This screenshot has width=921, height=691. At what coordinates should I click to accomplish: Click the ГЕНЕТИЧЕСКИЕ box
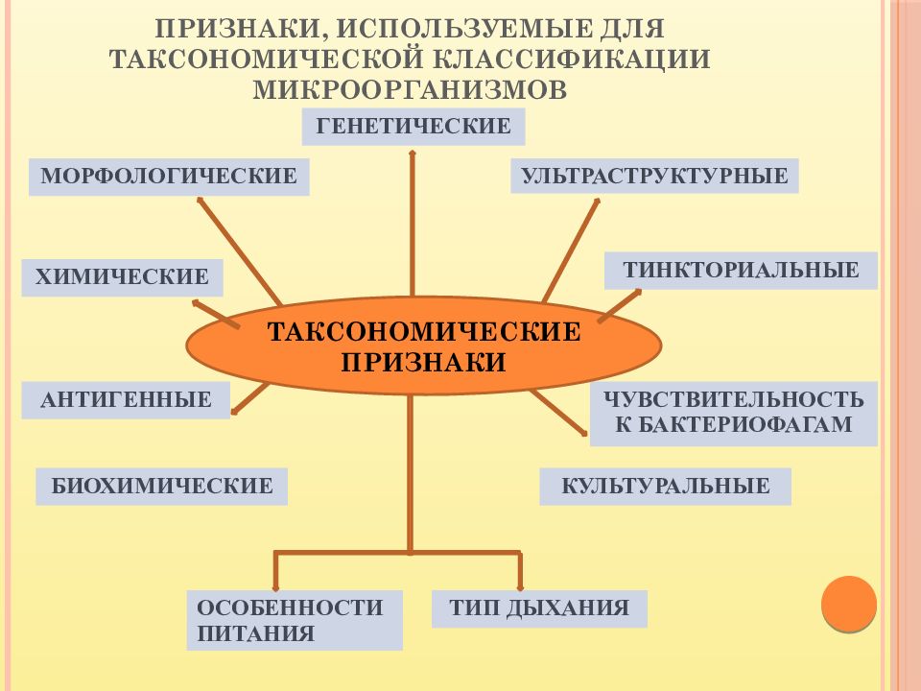[413, 127]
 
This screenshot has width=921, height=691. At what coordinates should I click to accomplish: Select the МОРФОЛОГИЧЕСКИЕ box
[169, 177]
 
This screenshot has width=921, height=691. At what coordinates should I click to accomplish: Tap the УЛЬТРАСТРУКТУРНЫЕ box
[654, 176]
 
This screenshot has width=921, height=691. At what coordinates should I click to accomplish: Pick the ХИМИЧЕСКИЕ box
[122, 277]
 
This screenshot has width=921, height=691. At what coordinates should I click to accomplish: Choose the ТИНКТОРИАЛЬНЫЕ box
[741, 271]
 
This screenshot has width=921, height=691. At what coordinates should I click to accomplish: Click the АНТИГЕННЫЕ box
[126, 400]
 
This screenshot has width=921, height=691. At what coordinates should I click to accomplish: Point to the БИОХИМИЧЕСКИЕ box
[161, 487]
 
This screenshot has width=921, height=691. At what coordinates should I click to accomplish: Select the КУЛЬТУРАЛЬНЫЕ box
[666, 487]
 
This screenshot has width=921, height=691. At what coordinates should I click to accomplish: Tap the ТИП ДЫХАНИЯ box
[539, 608]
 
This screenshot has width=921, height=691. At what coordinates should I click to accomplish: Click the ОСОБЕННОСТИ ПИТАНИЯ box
[295, 620]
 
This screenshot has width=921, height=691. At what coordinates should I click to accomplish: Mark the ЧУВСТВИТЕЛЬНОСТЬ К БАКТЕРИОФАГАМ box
[734, 413]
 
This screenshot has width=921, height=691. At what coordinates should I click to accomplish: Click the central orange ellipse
[424, 346]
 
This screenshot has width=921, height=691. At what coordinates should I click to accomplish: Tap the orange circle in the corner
[849, 604]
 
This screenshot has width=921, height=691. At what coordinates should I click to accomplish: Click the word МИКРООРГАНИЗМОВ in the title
[410, 90]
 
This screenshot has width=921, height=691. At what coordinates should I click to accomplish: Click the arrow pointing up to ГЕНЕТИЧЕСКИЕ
[413, 224]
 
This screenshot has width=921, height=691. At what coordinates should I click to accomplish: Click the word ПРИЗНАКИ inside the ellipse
[423, 362]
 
